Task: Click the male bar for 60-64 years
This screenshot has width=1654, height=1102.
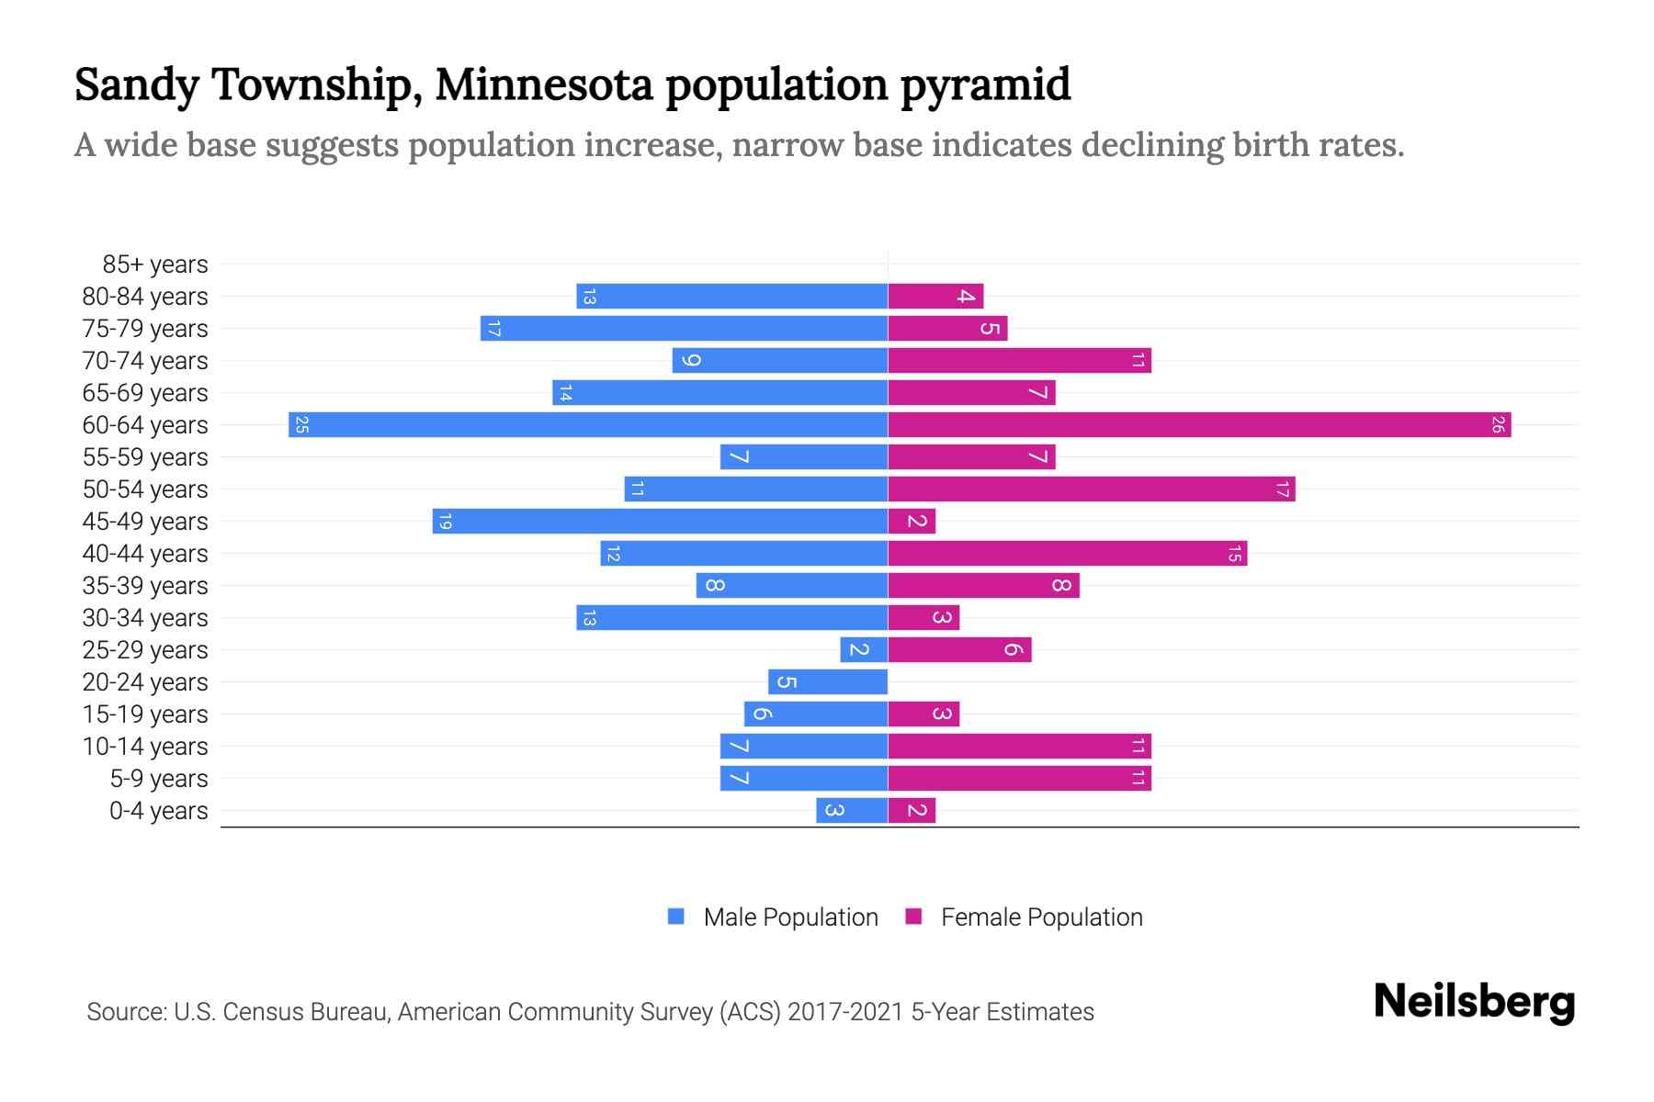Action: point(588,425)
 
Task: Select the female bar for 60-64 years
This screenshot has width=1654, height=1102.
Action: point(1199,425)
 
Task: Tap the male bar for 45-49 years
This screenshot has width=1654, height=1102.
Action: point(660,522)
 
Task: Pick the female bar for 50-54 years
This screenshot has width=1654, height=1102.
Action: point(1092,489)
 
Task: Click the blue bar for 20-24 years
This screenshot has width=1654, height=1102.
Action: point(828,682)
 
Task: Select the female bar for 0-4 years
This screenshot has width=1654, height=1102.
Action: point(912,811)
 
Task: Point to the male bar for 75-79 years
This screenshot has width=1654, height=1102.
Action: point(684,329)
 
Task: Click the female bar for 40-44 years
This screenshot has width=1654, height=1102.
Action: point(1068,554)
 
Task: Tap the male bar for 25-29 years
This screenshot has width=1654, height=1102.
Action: point(864,650)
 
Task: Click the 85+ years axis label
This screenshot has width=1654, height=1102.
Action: point(155,264)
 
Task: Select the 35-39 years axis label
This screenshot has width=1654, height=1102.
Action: point(145,586)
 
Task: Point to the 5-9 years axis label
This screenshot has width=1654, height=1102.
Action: point(159,779)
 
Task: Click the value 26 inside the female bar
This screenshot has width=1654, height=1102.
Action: point(1498,425)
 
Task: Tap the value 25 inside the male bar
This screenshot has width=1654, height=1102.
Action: point(301,425)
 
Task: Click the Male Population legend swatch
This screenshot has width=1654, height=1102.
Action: point(676,916)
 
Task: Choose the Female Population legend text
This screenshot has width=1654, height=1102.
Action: point(1041,917)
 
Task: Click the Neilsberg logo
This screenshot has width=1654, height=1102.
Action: point(1474,1002)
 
